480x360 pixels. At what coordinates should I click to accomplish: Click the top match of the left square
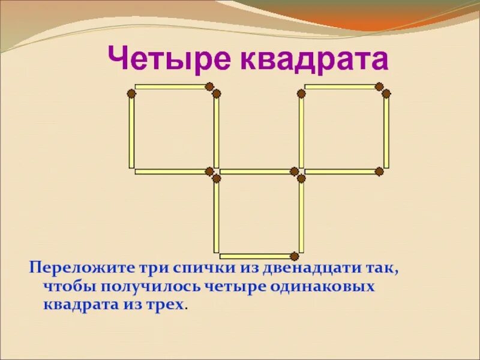[x=171, y=87]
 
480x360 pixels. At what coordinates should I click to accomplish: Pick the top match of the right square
[x=341, y=87]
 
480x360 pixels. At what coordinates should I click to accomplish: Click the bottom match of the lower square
[x=256, y=256]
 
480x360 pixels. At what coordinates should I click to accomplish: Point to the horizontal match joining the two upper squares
[x=256, y=172]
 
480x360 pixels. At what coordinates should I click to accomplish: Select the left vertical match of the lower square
[x=217, y=215]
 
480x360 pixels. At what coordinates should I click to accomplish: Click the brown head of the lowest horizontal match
[x=294, y=256]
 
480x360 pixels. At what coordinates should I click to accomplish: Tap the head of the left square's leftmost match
[x=131, y=93]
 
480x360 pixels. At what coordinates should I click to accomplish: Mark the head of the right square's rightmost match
[x=386, y=93]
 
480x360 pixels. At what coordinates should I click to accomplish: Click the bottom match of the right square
[x=341, y=172]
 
